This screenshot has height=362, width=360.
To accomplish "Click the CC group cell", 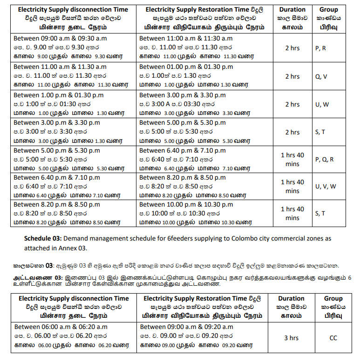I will pyautogui.click(x=333, y=338).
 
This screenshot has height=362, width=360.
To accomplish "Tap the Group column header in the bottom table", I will pyautogui.click(x=333, y=307).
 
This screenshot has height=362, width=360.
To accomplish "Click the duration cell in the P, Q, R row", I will pyautogui.click(x=292, y=159).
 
